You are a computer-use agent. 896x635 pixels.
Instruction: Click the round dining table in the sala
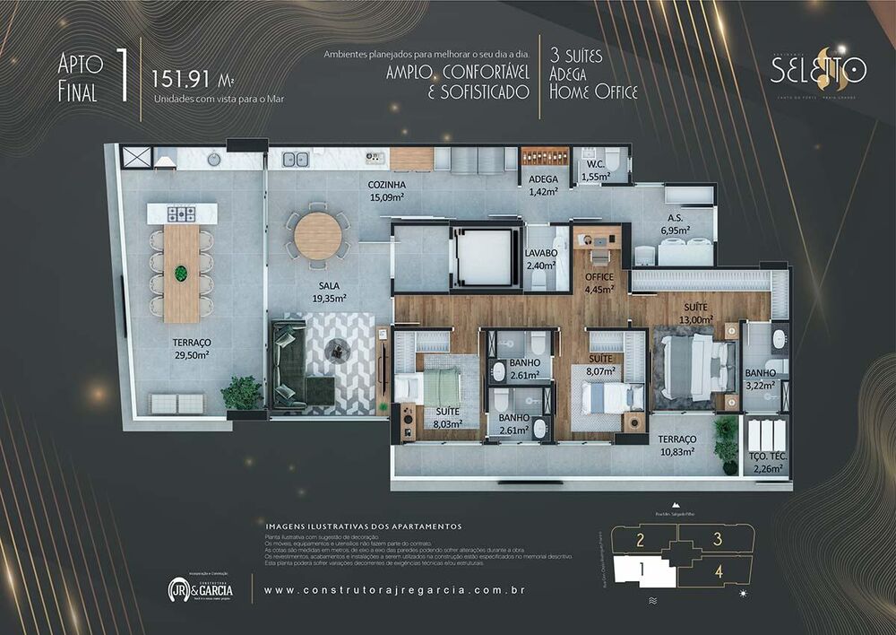pos(318,236)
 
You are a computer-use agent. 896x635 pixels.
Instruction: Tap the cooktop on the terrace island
pos(182,213)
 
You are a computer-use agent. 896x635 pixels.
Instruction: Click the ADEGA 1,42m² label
pos(543,185)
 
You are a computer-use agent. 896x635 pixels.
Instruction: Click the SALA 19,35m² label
pos(330,292)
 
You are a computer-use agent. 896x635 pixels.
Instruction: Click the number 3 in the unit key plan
pos(717,539)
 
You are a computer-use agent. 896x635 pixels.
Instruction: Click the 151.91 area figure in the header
pos(185,76)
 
